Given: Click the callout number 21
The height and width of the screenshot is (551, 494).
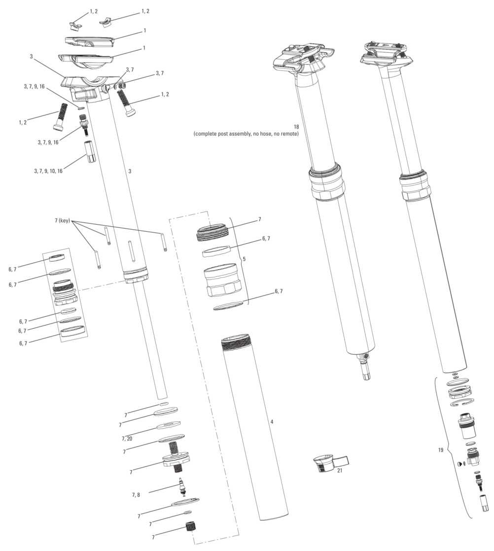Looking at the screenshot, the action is [x=339, y=470].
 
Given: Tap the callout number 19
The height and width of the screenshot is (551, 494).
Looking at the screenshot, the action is [x=441, y=450].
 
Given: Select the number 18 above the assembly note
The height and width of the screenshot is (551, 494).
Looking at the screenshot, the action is [x=296, y=126].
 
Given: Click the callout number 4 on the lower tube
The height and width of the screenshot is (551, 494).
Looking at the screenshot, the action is [x=272, y=421].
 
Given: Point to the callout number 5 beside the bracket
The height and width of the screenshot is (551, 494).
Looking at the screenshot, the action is [x=244, y=259].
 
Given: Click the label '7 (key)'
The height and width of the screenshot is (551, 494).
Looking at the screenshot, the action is [x=62, y=221].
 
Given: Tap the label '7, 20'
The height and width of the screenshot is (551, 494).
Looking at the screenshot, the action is [x=127, y=439].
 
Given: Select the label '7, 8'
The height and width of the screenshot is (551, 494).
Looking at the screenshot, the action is [x=136, y=495].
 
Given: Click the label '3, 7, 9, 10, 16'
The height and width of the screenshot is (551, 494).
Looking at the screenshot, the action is [x=48, y=171].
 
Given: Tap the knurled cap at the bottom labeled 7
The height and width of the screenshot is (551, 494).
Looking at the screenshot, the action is [x=190, y=527].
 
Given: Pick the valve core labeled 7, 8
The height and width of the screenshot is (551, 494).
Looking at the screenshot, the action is [x=182, y=487].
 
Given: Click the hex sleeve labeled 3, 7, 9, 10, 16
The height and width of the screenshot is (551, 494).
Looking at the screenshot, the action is [x=90, y=151].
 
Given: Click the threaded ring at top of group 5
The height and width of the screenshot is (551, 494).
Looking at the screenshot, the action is [x=212, y=233].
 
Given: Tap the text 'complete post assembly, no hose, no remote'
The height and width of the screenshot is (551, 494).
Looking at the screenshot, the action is [x=246, y=134].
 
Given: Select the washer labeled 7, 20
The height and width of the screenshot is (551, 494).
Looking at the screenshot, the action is [x=169, y=426].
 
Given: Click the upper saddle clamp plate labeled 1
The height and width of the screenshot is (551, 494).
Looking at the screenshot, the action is [x=90, y=41].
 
